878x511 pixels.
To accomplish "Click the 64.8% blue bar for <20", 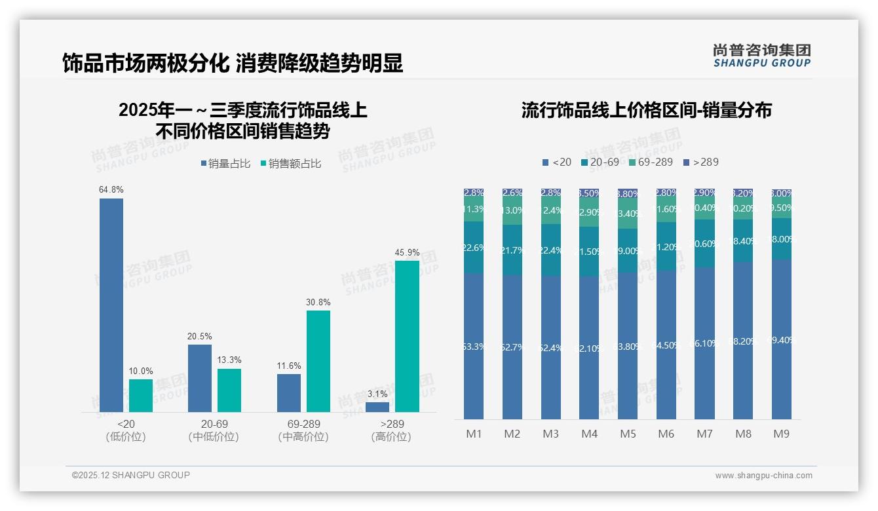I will pos(111,305).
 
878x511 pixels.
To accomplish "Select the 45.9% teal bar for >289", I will pos(407,336).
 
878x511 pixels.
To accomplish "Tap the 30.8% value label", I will pos(318,303).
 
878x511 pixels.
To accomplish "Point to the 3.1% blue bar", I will pos(377,407).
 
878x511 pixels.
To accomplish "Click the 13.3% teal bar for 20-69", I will pos(229,390).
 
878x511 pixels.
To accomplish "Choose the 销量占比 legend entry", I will pos(225,164).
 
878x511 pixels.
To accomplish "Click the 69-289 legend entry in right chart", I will pos(650,162).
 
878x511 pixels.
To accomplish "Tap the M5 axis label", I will pos(628,434).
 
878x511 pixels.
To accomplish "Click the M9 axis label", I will pos(782,434).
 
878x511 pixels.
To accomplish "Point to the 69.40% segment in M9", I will pos(782,339).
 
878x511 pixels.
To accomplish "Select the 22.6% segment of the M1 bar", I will pos(474,247).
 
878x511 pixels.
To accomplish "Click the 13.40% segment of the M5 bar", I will pos(628,214).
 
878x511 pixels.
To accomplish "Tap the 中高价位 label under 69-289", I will pos(303,437).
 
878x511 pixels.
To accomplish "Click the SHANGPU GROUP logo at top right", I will pos(761,56).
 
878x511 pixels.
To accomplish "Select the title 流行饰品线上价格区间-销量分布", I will pos(646,110).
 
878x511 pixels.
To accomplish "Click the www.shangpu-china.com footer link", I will pos(763,476).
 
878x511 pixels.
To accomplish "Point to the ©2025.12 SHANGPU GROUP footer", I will pos(131,475).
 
